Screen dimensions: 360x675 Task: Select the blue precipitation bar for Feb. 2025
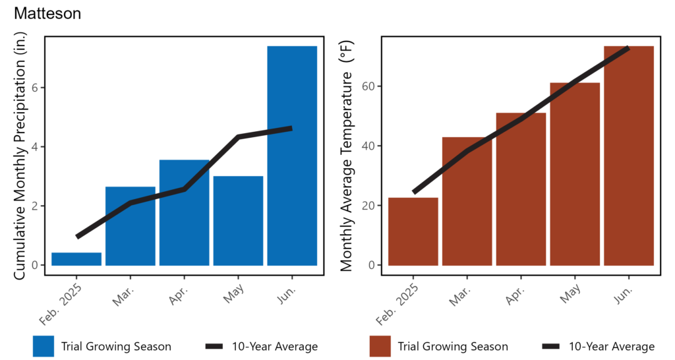[76, 259]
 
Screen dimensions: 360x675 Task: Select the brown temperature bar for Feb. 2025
[413, 231]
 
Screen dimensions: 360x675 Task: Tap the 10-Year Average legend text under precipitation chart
[275, 346]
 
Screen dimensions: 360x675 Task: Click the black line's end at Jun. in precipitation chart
[290, 129]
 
